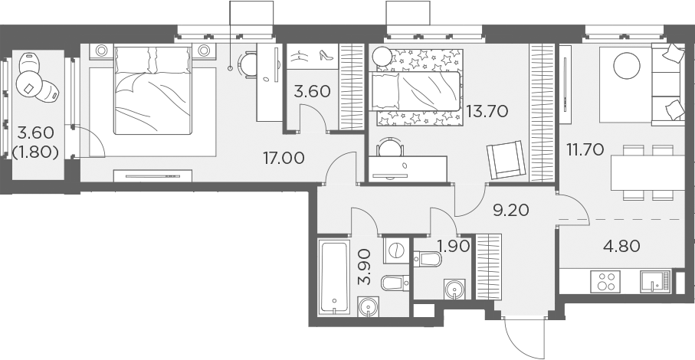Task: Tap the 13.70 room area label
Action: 488,112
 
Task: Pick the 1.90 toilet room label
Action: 452,247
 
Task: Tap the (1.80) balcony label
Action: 36,151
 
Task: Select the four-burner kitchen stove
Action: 608,281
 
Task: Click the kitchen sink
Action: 653,281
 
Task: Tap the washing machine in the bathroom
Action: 396,250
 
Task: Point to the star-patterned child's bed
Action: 418,87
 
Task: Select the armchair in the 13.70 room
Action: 505,159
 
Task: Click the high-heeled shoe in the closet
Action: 325,56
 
